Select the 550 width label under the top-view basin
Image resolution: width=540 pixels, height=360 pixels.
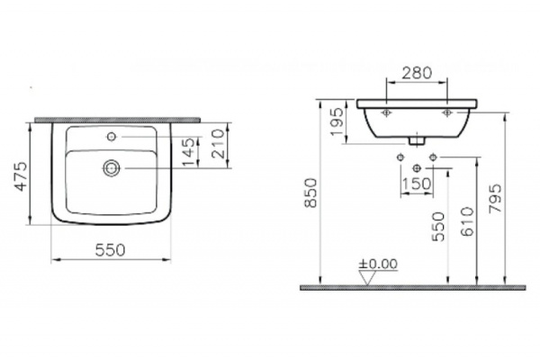109,249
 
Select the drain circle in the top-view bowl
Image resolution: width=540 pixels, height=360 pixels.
112,166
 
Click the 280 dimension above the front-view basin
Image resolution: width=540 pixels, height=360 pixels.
417,72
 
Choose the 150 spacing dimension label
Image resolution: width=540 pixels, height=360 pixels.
415,183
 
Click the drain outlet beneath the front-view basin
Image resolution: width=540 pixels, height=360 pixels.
415,140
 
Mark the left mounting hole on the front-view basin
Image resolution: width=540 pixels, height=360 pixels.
385,113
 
